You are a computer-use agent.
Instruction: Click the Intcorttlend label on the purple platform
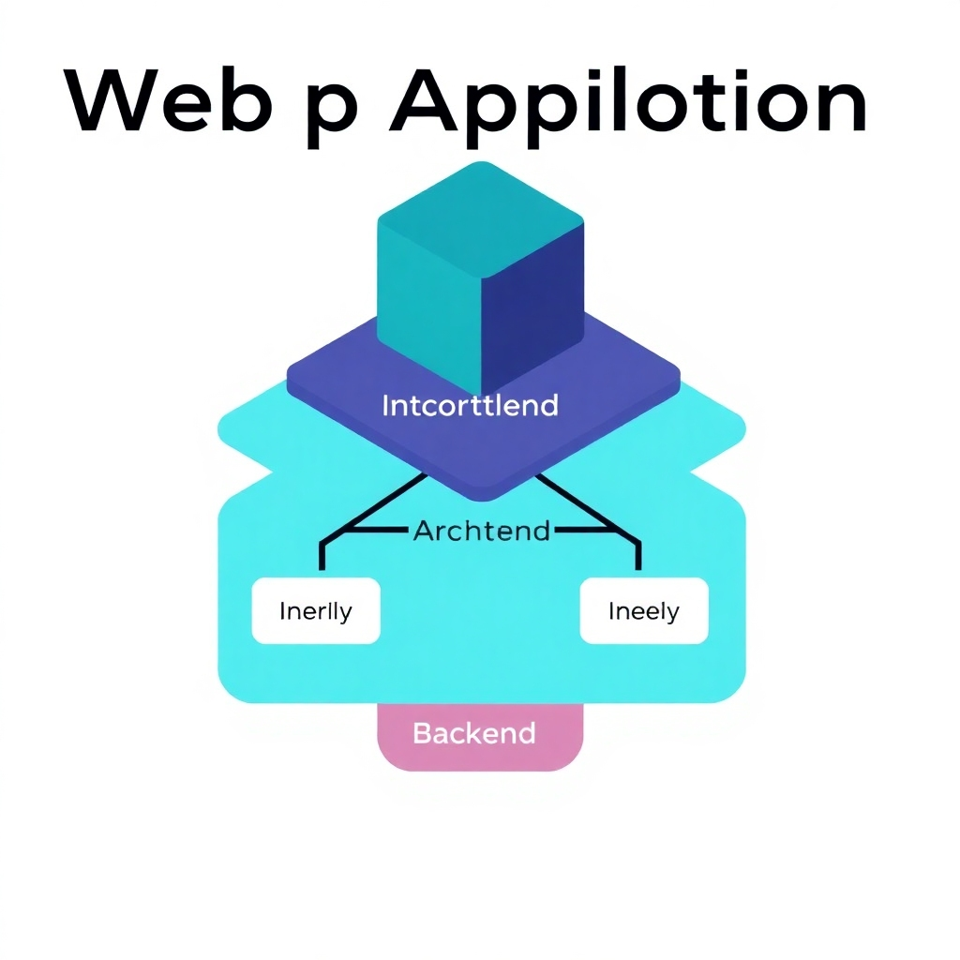(x=471, y=406)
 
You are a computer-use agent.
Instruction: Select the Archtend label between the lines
(x=481, y=531)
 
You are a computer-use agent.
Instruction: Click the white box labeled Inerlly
(x=316, y=611)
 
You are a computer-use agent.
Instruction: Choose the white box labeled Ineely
(x=644, y=611)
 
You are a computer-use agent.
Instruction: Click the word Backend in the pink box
(x=474, y=732)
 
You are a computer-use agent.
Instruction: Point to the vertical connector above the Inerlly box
(x=322, y=555)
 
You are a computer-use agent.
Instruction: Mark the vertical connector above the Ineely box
(x=638, y=555)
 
